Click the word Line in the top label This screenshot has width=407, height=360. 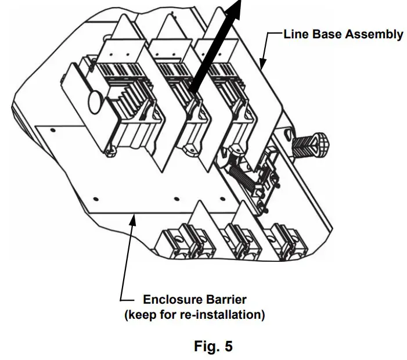pyautogui.click(x=296, y=34)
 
